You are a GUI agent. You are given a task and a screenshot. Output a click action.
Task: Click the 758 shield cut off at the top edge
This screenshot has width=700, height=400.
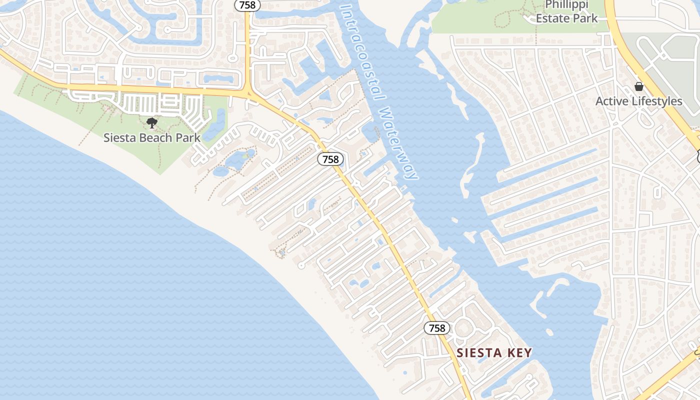pyautogui.click(x=247, y=5)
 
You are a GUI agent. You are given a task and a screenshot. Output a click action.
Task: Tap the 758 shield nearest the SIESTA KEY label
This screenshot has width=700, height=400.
pyautogui.click(x=437, y=328)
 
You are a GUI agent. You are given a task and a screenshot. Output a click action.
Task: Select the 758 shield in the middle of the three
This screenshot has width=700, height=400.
pyautogui.click(x=330, y=159)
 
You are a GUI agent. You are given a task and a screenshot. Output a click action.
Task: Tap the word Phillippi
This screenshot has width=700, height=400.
pyautogui.click(x=566, y=5)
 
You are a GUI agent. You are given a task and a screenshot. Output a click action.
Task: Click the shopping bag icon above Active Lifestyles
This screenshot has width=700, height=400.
pyautogui.click(x=638, y=86)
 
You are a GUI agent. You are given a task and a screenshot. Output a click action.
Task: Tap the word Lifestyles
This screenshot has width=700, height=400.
pyautogui.click(x=657, y=101)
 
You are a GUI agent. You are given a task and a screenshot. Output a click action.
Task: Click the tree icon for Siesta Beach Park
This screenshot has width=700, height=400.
pyautogui.click(x=152, y=123)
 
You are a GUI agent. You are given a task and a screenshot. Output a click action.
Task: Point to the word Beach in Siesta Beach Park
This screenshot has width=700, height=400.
pyautogui.click(x=152, y=138)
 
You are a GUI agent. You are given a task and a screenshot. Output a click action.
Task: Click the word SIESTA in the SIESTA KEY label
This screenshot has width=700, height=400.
pyautogui.click(x=478, y=353)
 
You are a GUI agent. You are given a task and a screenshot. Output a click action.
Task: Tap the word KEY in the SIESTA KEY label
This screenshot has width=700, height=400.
pyautogui.click(x=519, y=353)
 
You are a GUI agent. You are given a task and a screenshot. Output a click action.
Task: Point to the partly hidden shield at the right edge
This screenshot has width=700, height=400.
pyautogui.click(x=697, y=156)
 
